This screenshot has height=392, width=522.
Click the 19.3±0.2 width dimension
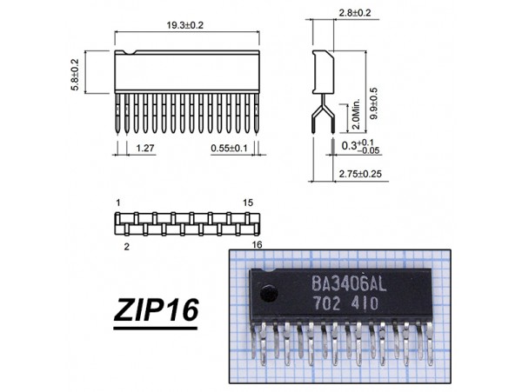(184, 25)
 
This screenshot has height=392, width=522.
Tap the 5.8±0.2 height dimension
(75, 75)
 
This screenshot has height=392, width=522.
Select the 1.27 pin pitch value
(145, 148)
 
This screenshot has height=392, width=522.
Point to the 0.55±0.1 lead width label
(229, 148)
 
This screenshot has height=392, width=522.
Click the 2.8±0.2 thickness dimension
(355, 13)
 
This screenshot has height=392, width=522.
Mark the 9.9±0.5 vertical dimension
(374, 103)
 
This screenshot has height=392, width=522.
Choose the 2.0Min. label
(356, 114)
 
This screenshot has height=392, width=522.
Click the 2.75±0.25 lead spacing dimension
(360, 174)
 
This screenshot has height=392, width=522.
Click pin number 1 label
(118, 203)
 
